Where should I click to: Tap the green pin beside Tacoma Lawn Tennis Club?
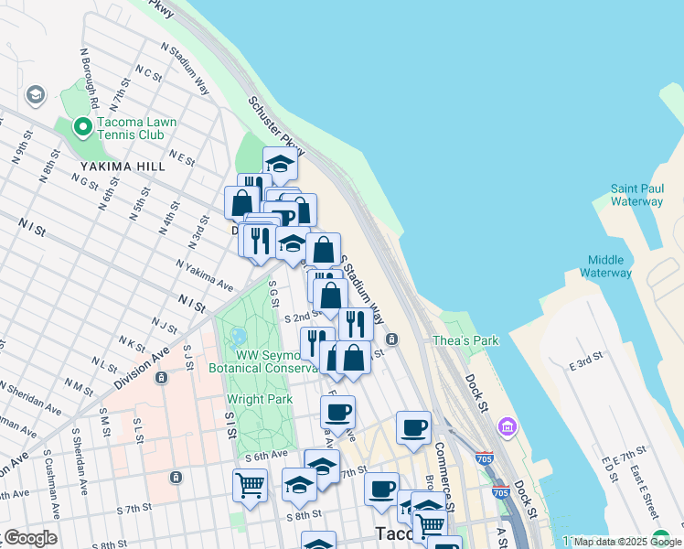tap(82, 127)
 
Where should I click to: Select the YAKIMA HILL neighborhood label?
tap(123, 167)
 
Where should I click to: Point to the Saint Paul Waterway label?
tap(636, 195)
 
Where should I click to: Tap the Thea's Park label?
tap(466, 340)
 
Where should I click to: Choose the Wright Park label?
tap(260, 399)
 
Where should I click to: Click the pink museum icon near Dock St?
tap(507, 427)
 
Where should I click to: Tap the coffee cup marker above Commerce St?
tap(413, 427)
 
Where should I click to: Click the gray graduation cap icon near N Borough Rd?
tap(35, 94)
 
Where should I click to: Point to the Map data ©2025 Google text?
tap(627, 542)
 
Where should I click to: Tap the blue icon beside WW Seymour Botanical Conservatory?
tap(239, 337)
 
